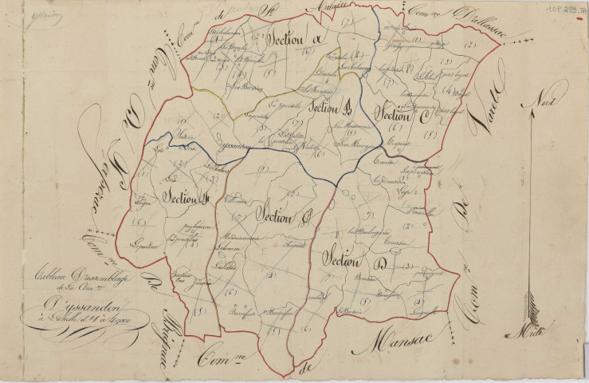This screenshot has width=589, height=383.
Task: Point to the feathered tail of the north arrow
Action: [528, 307]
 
